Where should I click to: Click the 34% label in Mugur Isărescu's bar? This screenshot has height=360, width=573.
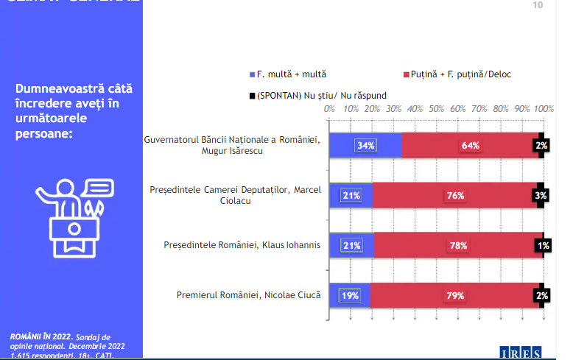pyautogui.click(x=365, y=145)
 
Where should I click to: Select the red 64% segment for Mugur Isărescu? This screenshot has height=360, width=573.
pyautogui.click(x=471, y=145)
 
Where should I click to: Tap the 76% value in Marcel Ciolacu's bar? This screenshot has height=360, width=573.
pyautogui.click(x=454, y=195)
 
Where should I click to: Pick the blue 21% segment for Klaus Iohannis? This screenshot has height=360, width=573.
pyautogui.click(x=351, y=245)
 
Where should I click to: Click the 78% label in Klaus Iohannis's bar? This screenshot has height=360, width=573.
pyautogui.click(x=458, y=245)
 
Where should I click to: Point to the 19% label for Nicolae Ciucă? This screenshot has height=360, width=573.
pyautogui.click(x=349, y=295)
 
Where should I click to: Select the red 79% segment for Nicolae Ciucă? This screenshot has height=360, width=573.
pyautogui.click(x=454, y=295)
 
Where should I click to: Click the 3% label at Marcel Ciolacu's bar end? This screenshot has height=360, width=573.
pyautogui.click(x=541, y=195)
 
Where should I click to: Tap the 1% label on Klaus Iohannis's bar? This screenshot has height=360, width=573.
pyautogui.click(x=543, y=245)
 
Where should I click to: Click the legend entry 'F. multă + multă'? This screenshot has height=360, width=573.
pyautogui.click(x=292, y=74)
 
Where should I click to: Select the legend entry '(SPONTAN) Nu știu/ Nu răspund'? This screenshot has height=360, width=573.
pyautogui.click(x=322, y=95)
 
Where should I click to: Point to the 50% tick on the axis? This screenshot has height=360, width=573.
pyautogui.click(x=436, y=109)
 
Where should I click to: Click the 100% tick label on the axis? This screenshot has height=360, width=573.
pyautogui.click(x=544, y=109)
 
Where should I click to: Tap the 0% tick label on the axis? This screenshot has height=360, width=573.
pyautogui.click(x=329, y=109)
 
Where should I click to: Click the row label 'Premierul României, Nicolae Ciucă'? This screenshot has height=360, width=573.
pyautogui.click(x=248, y=295)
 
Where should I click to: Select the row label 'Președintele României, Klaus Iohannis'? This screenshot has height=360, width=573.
pyautogui.click(x=242, y=245)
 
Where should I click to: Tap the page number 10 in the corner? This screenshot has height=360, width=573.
pyautogui.click(x=537, y=6)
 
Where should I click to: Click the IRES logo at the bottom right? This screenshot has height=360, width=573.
pyautogui.click(x=521, y=353)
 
